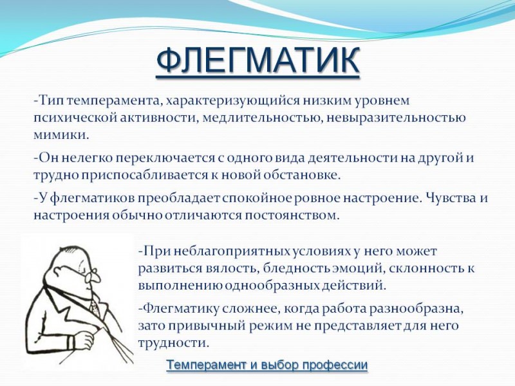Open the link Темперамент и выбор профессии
point(267,365)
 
